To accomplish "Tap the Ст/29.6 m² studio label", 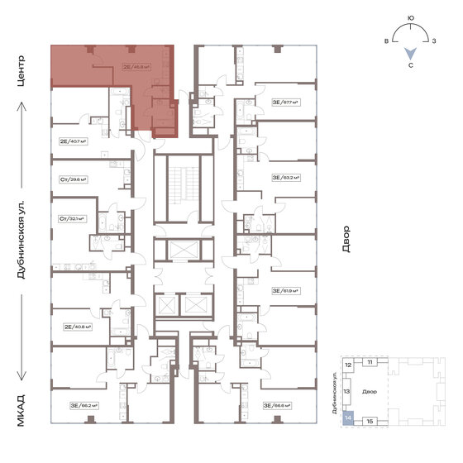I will tap(73, 179).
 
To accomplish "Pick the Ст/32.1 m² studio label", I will tap(73, 218).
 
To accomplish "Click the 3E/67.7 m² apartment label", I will tap(284, 103).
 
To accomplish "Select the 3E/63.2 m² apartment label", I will tap(284, 177).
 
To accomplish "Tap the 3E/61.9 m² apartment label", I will tap(284, 291).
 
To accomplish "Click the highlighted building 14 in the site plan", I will tap(348, 419).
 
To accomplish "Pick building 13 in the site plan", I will tap(348, 392).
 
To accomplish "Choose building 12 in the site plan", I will tap(349, 365).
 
